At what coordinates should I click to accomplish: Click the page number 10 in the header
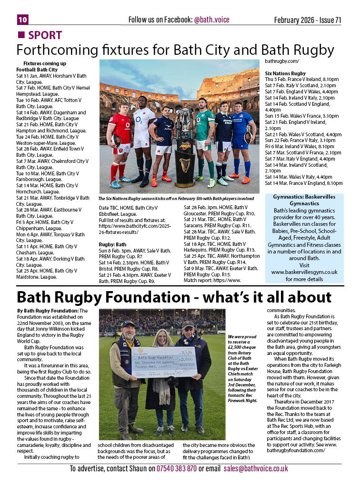point(23,19)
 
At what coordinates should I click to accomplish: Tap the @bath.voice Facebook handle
point(211,20)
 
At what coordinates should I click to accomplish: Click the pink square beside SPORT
point(21,35)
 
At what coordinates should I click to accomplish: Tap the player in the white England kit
point(142,138)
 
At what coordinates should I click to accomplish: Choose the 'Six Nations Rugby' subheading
point(285,73)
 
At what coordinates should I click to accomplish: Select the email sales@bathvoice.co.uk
point(256,468)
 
